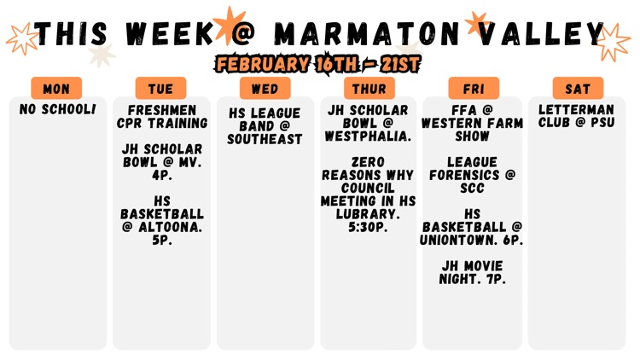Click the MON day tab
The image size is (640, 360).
click(x=56, y=89)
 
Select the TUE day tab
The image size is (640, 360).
click(x=160, y=89)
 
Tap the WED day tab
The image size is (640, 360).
click(x=265, y=89)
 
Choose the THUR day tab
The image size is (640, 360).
click(x=369, y=89)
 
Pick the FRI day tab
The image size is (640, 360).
click(x=473, y=89)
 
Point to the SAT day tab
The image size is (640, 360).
click(x=577, y=89)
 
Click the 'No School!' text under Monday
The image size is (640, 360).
click(x=57, y=110)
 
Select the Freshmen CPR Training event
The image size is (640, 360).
click(x=161, y=117)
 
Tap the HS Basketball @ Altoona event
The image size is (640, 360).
click(x=161, y=220)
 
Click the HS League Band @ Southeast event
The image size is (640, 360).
click(x=265, y=125)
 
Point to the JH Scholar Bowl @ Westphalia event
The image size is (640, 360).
click(x=369, y=123)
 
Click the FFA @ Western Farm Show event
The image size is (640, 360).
click(x=473, y=123)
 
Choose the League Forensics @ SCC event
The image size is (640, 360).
click(x=473, y=175)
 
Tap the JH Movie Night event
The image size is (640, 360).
click(x=473, y=272)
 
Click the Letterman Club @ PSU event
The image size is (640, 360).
click(x=577, y=117)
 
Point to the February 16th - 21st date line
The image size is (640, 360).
click(x=317, y=64)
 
